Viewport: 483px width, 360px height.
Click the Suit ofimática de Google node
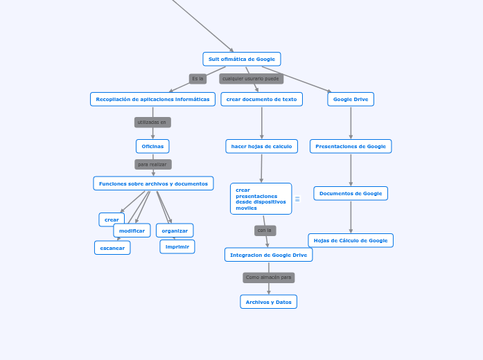tap(241, 59)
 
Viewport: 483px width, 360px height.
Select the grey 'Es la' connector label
tap(197, 79)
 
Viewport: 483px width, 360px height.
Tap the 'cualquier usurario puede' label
tap(251, 79)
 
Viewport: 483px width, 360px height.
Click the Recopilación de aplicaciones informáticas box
tap(152, 99)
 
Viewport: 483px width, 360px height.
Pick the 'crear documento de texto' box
tap(261, 99)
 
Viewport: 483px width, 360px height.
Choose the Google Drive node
tap(351, 99)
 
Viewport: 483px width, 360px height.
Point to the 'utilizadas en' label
tap(152, 123)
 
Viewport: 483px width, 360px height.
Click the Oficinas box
tap(152, 146)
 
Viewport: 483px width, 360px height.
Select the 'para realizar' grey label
tap(152, 165)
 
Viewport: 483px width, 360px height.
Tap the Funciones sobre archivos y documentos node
tap(153, 183)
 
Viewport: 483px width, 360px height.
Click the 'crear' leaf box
tap(112, 219)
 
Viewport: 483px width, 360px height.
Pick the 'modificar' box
tap(132, 231)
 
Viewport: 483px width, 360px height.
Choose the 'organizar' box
tap(175, 231)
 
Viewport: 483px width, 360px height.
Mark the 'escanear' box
tap(112, 248)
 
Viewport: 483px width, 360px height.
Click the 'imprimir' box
tap(177, 246)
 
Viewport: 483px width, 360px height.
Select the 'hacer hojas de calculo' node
tap(261, 146)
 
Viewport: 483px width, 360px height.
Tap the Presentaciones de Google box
tap(351, 146)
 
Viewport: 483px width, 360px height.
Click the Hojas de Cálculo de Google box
tap(351, 240)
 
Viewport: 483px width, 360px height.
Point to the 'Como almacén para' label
tap(268, 278)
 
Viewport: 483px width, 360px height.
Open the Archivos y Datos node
tap(268, 302)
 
